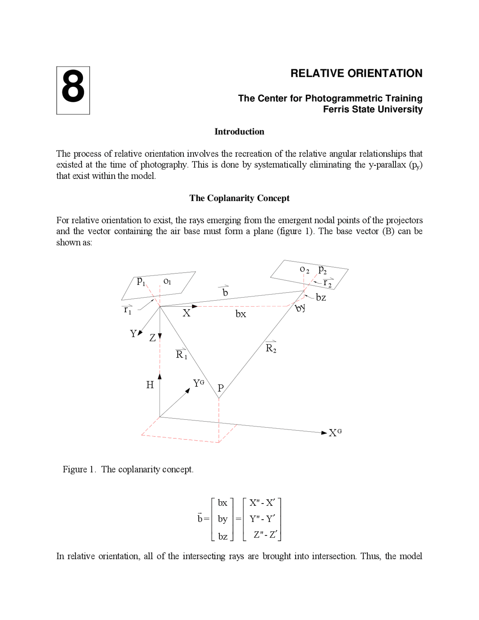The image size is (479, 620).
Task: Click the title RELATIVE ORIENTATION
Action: point(356,73)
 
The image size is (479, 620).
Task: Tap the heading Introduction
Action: point(239,131)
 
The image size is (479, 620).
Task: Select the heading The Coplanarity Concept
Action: point(239,198)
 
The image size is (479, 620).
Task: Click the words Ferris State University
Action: point(372,109)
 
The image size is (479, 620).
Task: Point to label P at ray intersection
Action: point(220,388)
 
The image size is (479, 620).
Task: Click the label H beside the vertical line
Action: point(150,385)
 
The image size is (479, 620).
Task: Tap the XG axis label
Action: point(335,433)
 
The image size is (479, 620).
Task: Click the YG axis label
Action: point(198,383)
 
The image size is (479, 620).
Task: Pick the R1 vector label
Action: point(181,354)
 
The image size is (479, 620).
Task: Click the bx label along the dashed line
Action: point(241,314)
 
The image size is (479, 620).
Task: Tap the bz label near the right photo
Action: point(321,298)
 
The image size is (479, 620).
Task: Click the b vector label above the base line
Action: point(225,292)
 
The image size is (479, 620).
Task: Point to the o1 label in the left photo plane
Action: point(167,281)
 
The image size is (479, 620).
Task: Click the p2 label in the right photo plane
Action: point(322,270)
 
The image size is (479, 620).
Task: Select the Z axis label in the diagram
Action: point(152,338)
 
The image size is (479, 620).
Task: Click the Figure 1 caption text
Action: point(128,469)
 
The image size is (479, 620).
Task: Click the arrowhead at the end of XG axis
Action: point(324,433)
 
